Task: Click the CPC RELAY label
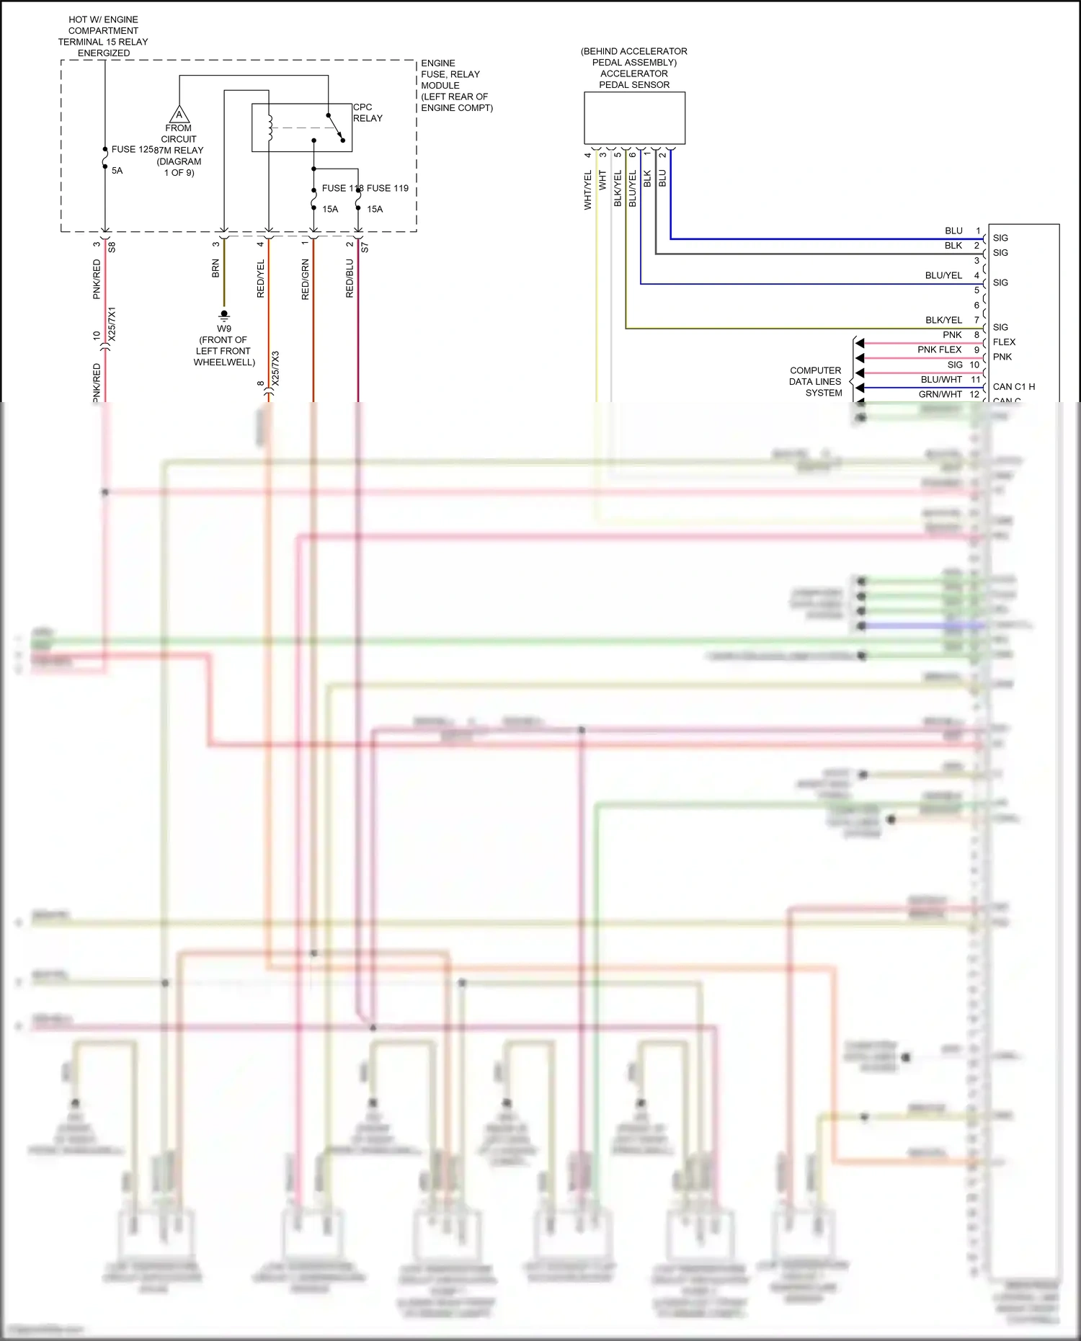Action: click(367, 112)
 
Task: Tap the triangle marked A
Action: click(179, 115)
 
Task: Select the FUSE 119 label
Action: click(388, 188)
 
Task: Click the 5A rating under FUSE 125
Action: click(117, 171)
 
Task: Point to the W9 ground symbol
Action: click(224, 316)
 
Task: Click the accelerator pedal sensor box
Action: click(634, 118)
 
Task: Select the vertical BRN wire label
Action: click(215, 269)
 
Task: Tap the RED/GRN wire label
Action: click(305, 280)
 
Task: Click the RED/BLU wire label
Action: click(350, 279)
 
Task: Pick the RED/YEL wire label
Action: click(261, 279)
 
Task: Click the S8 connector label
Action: click(112, 247)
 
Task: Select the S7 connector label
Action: click(365, 247)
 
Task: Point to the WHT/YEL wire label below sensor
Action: click(587, 190)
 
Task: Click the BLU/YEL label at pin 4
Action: click(943, 276)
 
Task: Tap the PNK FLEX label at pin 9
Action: click(939, 349)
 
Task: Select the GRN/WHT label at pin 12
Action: click(940, 394)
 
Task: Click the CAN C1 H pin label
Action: click(1013, 387)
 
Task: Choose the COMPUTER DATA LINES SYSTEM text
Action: click(815, 382)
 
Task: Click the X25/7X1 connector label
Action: click(112, 324)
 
